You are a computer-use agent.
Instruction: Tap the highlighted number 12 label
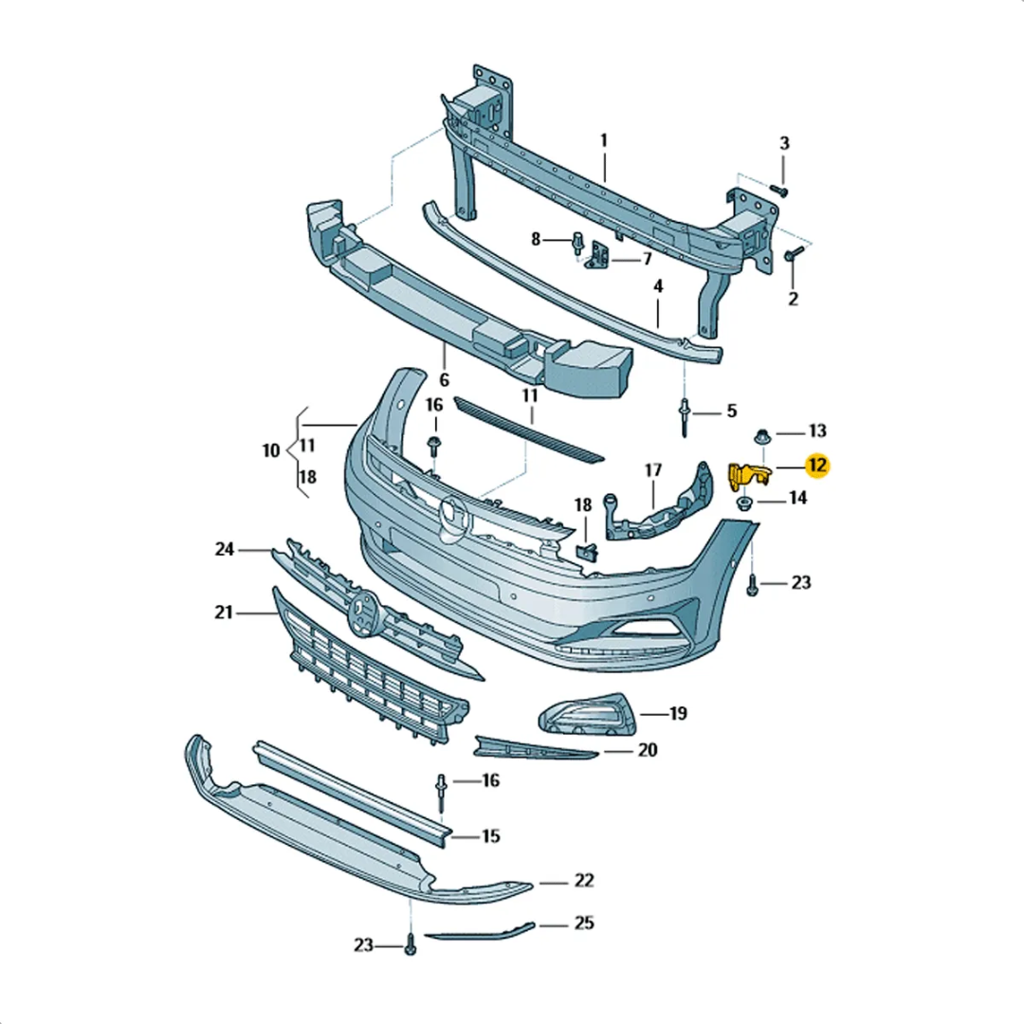click(x=815, y=466)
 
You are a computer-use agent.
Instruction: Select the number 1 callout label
click(x=603, y=141)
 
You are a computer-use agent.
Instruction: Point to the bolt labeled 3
click(x=778, y=190)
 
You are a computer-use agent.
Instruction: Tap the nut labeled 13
click(x=759, y=436)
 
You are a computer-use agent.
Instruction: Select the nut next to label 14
click(x=745, y=503)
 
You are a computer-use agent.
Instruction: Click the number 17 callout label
click(x=653, y=469)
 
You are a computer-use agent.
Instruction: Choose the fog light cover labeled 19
click(x=588, y=714)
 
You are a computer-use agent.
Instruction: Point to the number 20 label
click(x=648, y=750)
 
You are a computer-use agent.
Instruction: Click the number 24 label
click(x=224, y=549)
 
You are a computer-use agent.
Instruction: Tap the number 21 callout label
click(x=224, y=613)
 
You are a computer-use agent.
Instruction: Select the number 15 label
click(x=490, y=836)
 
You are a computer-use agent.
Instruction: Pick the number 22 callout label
click(x=584, y=881)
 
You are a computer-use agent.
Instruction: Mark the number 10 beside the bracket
click(x=271, y=450)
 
